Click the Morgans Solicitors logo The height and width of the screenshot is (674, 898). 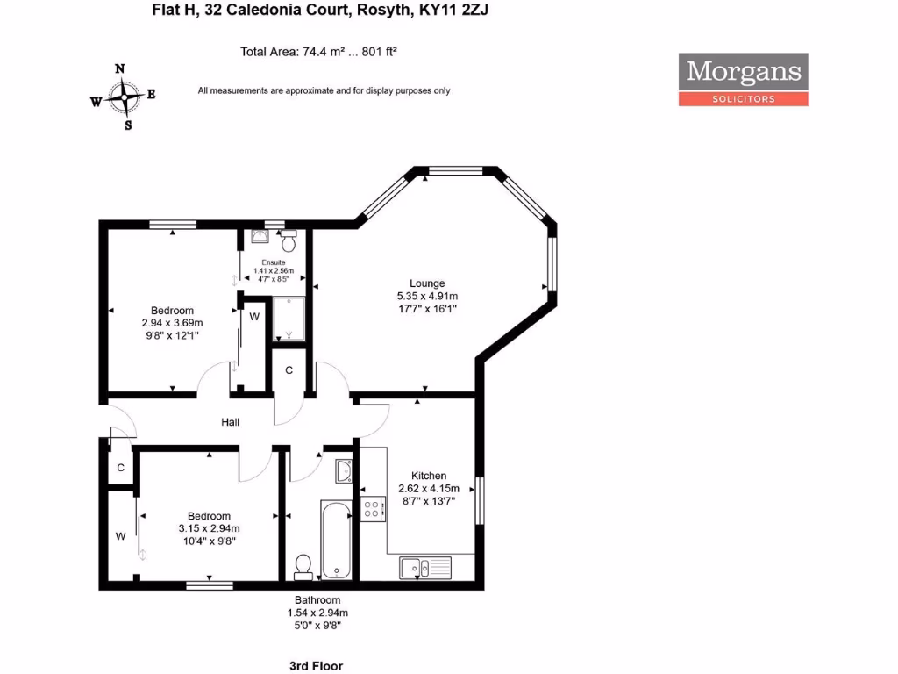coord(743,80)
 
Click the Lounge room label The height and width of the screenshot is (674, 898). coord(427,283)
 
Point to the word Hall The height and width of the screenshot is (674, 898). coord(231,422)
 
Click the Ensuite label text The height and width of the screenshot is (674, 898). coord(273,262)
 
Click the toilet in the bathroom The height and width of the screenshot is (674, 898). coord(303,566)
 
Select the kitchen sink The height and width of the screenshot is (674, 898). coord(424,567)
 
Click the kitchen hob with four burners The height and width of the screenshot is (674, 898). coord(372,509)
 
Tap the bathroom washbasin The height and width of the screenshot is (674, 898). coord(344,472)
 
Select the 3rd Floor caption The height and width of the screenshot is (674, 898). coord(316,666)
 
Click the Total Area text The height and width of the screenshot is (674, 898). coord(319,52)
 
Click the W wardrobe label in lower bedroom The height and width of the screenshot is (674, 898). coord(120,535)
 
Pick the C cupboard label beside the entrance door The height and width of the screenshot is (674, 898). coord(120,468)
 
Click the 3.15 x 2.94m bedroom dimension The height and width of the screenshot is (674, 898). coord(209,528)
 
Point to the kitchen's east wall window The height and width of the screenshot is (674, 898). coord(479,500)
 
